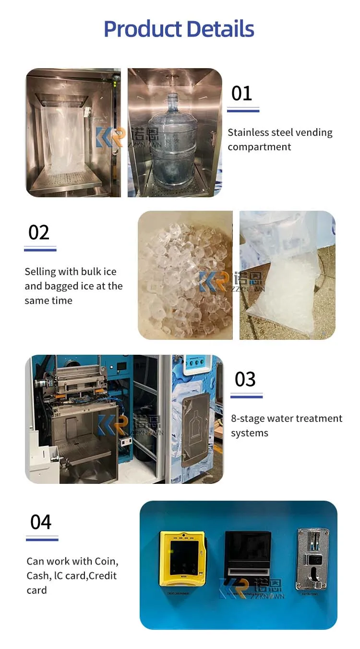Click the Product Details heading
point(179,29)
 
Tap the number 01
point(241,93)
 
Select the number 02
point(39,232)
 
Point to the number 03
point(245,379)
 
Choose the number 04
point(41,522)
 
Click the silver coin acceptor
point(312,559)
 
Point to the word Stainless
point(249,132)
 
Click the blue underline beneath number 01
point(243,110)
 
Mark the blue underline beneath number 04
point(42,539)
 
